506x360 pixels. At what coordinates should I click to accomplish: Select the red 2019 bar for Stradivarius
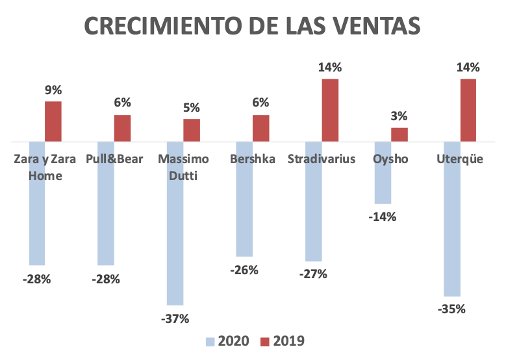click(330, 110)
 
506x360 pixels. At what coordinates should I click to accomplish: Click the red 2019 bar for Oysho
click(399, 135)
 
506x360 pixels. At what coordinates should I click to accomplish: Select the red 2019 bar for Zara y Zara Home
click(53, 122)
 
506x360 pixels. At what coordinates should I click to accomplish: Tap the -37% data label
click(175, 318)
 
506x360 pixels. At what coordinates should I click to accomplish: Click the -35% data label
click(452, 309)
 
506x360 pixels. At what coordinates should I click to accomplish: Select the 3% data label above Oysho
click(399, 117)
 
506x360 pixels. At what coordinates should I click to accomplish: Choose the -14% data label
click(382, 216)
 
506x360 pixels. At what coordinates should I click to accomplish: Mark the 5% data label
click(192, 109)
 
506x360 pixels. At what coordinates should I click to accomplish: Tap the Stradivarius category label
click(322, 160)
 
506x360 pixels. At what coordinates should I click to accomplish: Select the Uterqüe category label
click(460, 160)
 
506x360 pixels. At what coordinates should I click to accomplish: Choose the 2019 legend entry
click(282, 341)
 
